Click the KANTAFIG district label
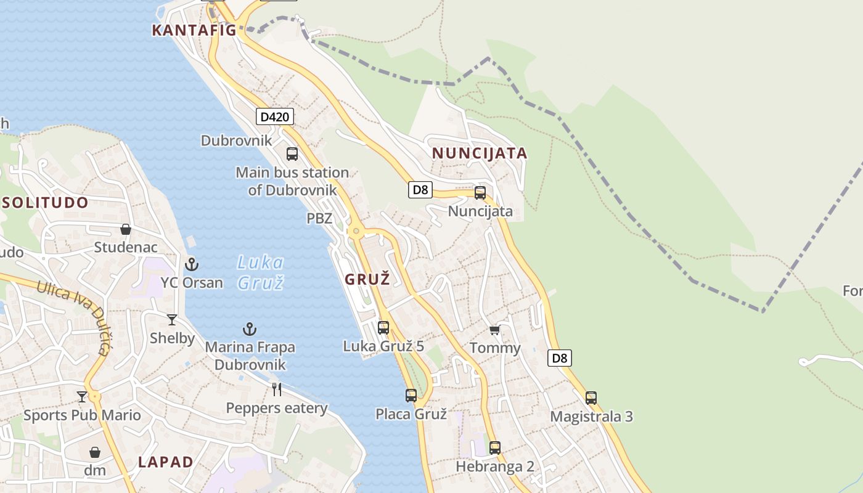coord(194,30)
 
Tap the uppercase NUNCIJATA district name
coord(480,153)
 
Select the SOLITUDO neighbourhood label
coord(46,202)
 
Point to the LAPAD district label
coord(166,462)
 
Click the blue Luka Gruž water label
coord(260,272)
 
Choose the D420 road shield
coord(274,116)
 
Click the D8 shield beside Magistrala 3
coord(559,357)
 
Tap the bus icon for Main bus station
coord(292,154)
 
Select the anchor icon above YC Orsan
coord(192,264)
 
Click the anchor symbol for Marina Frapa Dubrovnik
coord(250,329)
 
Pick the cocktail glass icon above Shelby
coord(172,320)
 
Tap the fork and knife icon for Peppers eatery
coord(277,389)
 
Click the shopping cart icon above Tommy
coord(494,330)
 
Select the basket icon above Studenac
coord(126,229)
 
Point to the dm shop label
coord(95,471)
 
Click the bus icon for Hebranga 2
coord(494,448)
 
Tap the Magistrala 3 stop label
coord(591,416)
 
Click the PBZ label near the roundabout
coord(319,218)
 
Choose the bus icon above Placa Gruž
coord(411,396)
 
